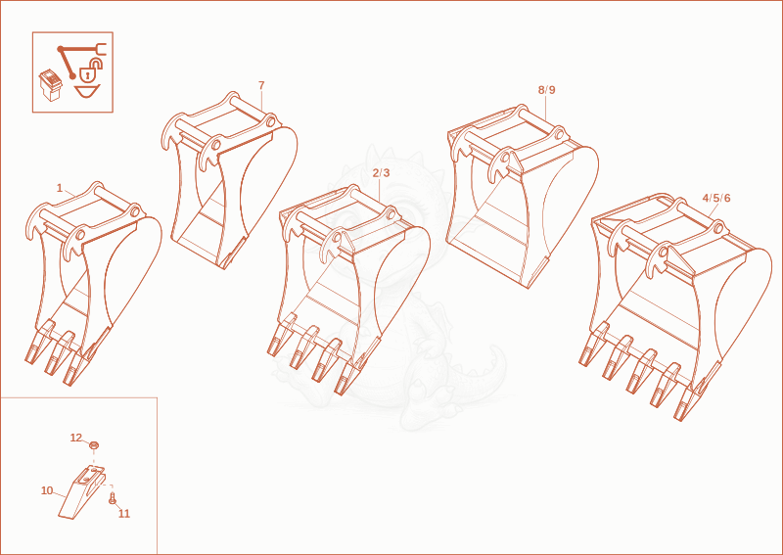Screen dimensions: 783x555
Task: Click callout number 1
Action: coord(60,188)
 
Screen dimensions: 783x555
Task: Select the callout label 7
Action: coord(261,85)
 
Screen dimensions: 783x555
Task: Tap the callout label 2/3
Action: coord(381,173)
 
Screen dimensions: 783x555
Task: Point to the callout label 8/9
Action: coord(546,90)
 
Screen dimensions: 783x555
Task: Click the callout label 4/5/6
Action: coord(716,198)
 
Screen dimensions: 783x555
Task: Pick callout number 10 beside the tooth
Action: coord(47,490)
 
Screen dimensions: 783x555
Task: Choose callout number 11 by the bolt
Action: coord(124,514)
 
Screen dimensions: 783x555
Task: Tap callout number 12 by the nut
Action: coord(76,438)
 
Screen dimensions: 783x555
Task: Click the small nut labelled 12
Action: coord(93,444)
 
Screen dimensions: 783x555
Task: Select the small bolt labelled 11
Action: coord(112,497)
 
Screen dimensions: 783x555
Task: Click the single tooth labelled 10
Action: coord(80,492)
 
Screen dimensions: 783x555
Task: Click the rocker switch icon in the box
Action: coord(51,85)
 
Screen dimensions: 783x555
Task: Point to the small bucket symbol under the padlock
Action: coord(87,91)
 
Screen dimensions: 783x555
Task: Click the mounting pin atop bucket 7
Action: coord(250,109)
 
